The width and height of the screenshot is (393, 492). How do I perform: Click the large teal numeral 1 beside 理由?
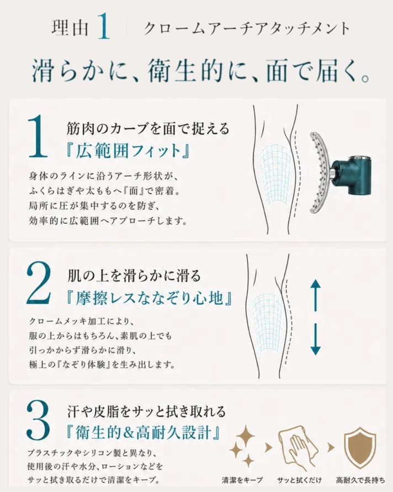[x=103, y=28]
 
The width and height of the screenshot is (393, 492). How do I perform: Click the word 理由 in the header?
[x=70, y=28]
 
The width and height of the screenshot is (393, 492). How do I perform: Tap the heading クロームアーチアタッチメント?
[x=247, y=29]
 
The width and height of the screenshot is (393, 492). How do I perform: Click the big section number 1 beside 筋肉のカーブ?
[x=38, y=137]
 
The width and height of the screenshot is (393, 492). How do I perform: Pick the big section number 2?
[x=39, y=284]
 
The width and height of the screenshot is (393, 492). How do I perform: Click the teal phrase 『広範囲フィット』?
[x=128, y=151]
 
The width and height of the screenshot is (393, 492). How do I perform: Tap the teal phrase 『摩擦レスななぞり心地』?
[x=149, y=298]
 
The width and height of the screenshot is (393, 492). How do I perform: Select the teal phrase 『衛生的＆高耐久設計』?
[x=142, y=433]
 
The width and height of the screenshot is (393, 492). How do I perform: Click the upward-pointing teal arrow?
[x=316, y=295]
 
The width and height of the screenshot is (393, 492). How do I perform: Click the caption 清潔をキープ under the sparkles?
[x=242, y=480]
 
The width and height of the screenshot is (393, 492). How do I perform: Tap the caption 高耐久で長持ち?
[x=360, y=480]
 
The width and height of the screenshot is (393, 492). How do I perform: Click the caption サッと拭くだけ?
[x=299, y=480]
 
